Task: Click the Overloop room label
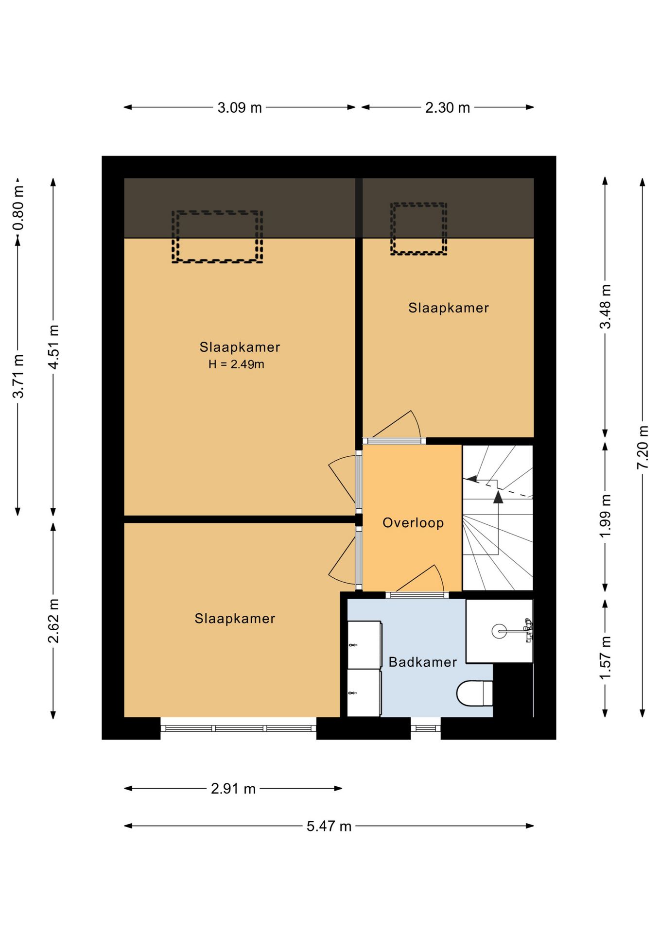click(413, 523)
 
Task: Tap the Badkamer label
click(423, 662)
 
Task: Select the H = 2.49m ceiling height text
click(236, 364)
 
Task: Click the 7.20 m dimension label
click(643, 447)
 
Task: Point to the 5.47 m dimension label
click(329, 826)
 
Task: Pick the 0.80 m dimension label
click(18, 208)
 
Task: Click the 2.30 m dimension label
click(448, 107)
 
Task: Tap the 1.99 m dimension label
click(605, 516)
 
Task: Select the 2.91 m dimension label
click(233, 788)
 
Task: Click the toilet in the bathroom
click(474, 693)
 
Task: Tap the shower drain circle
click(499, 631)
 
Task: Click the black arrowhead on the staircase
click(498, 497)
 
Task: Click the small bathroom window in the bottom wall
click(426, 728)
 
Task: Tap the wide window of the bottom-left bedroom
click(238, 728)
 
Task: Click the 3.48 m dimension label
click(605, 307)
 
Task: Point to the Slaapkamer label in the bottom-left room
click(235, 618)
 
